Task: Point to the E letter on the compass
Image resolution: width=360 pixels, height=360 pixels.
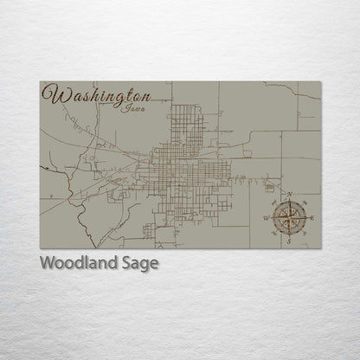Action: [312, 219]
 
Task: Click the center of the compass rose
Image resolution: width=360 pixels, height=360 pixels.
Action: [289, 218]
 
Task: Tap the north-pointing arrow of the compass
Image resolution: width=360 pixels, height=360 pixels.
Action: [290, 204]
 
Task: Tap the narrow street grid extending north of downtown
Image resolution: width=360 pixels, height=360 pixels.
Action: [188, 125]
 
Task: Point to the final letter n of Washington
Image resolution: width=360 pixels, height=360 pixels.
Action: [146, 95]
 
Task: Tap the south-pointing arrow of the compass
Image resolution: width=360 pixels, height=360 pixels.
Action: [289, 232]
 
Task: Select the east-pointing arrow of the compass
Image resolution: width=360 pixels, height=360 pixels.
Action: [303, 218]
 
